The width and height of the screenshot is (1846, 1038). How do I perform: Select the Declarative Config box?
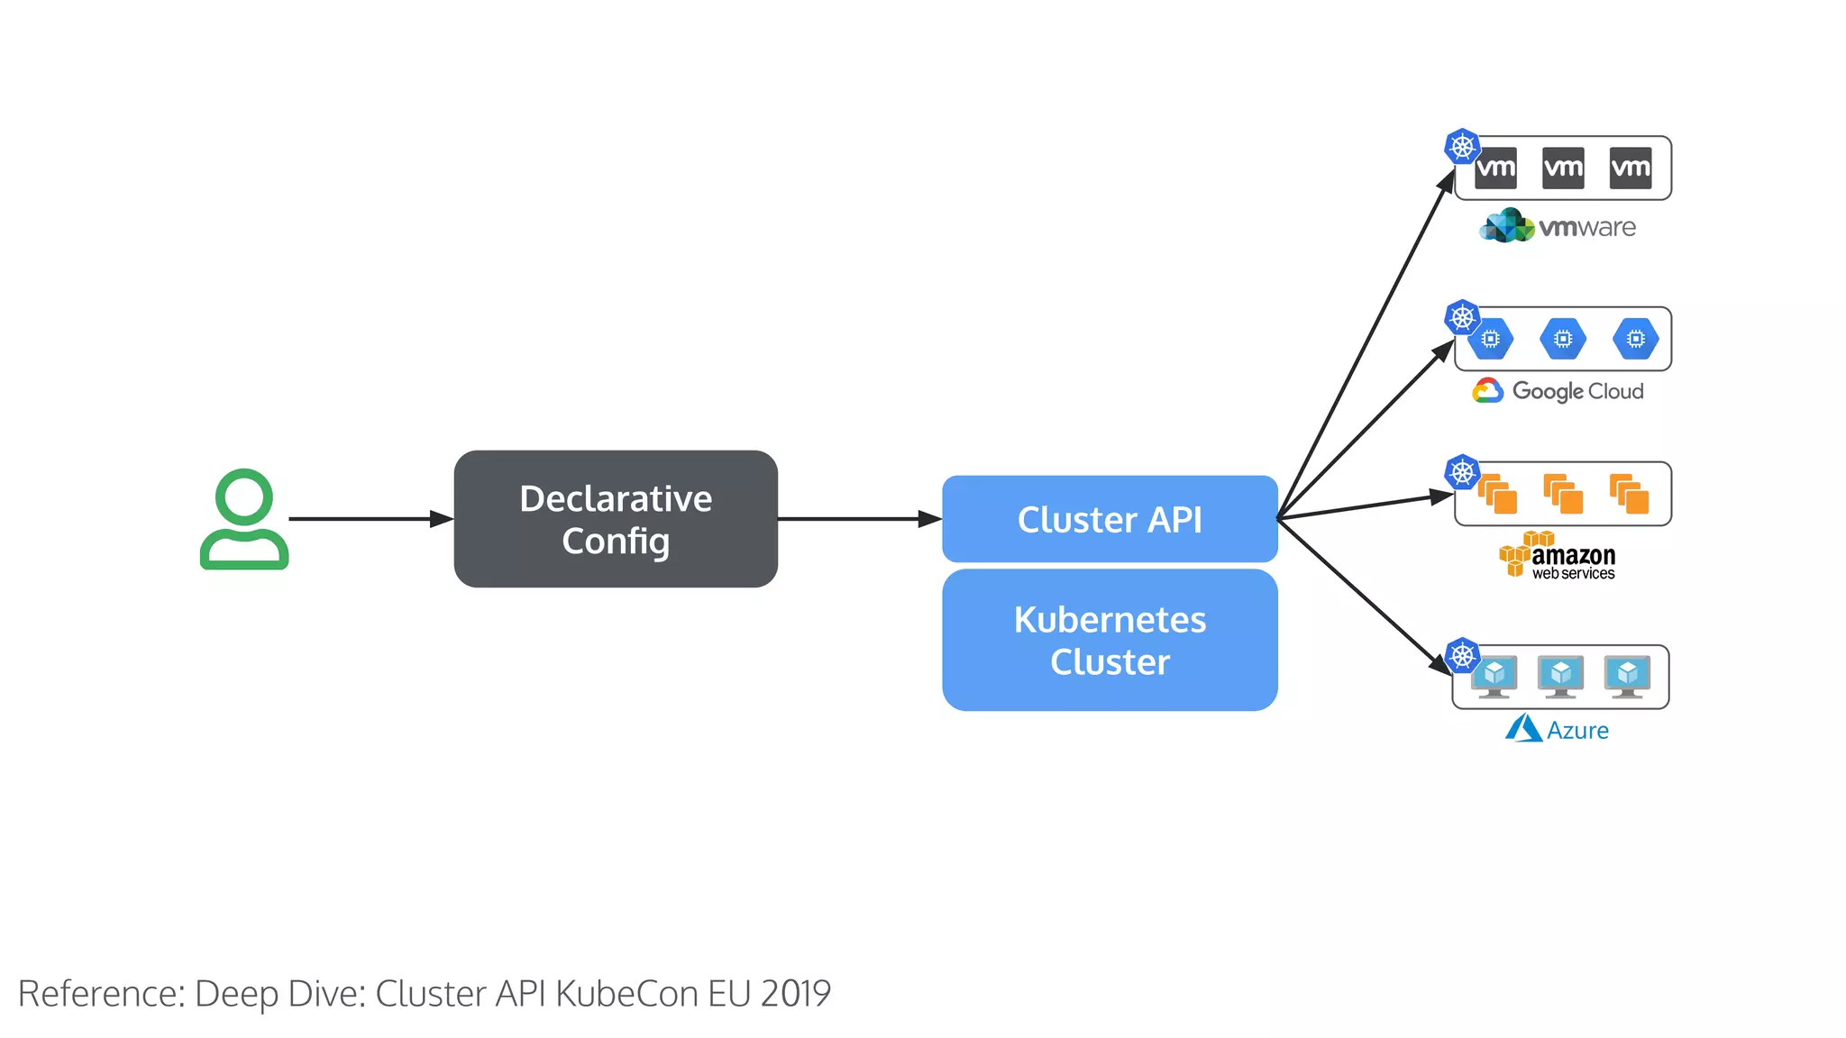(x=616, y=519)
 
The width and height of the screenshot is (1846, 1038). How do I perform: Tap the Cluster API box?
(x=1110, y=519)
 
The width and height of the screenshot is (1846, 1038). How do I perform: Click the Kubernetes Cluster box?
(x=1110, y=640)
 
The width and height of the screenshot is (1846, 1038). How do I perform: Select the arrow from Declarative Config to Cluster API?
(x=856, y=519)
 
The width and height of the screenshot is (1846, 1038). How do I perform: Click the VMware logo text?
(x=1586, y=227)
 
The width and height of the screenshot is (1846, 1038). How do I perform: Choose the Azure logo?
(x=1557, y=729)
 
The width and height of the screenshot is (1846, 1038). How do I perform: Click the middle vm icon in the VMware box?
(x=1563, y=168)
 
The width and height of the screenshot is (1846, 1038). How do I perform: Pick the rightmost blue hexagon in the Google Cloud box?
(x=1635, y=339)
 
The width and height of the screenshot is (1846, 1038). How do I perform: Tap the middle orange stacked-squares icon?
(x=1563, y=494)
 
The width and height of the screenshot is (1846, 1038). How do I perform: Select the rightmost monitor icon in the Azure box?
(x=1627, y=676)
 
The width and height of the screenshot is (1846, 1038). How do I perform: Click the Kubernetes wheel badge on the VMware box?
(x=1462, y=146)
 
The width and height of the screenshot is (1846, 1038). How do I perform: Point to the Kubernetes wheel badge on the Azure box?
(x=1462, y=655)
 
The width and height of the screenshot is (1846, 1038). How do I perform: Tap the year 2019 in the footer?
(x=795, y=993)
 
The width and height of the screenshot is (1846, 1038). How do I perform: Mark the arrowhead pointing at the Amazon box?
(x=1442, y=496)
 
